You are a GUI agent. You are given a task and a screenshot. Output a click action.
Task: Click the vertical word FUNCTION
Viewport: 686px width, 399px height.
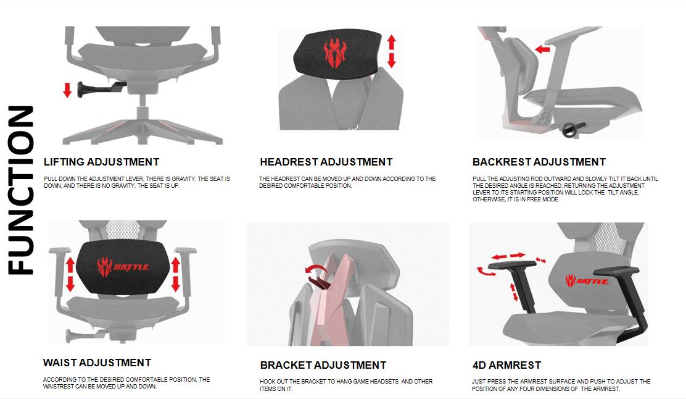pos(22,190)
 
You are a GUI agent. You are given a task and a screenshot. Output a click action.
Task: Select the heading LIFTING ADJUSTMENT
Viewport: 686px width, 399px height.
pos(102,162)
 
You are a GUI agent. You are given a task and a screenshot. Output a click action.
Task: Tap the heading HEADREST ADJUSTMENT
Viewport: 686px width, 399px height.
pos(326,162)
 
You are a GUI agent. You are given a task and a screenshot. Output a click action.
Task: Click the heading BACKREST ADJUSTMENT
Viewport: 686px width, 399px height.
pos(539,162)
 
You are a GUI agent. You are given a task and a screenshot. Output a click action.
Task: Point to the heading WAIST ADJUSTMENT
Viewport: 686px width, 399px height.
pos(97,363)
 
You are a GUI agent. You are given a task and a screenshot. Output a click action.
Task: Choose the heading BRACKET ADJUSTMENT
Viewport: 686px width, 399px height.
pos(323,365)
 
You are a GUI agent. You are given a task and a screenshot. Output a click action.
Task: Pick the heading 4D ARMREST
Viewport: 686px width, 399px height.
pos(507,365)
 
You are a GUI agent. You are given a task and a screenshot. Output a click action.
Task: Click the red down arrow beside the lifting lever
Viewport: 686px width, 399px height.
pos(67,90)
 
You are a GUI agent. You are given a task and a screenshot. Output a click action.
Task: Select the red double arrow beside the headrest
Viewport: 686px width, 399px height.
pos(391,51)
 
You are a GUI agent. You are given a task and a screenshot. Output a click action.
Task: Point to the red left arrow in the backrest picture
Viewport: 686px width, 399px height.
pos(542,48)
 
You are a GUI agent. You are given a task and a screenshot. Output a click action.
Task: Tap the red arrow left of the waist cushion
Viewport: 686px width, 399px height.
pos(70,274)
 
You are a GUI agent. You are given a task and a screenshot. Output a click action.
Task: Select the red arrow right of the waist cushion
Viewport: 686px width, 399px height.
pos(175,274)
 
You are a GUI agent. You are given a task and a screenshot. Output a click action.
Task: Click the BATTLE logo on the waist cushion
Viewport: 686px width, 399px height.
pos(123,267)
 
